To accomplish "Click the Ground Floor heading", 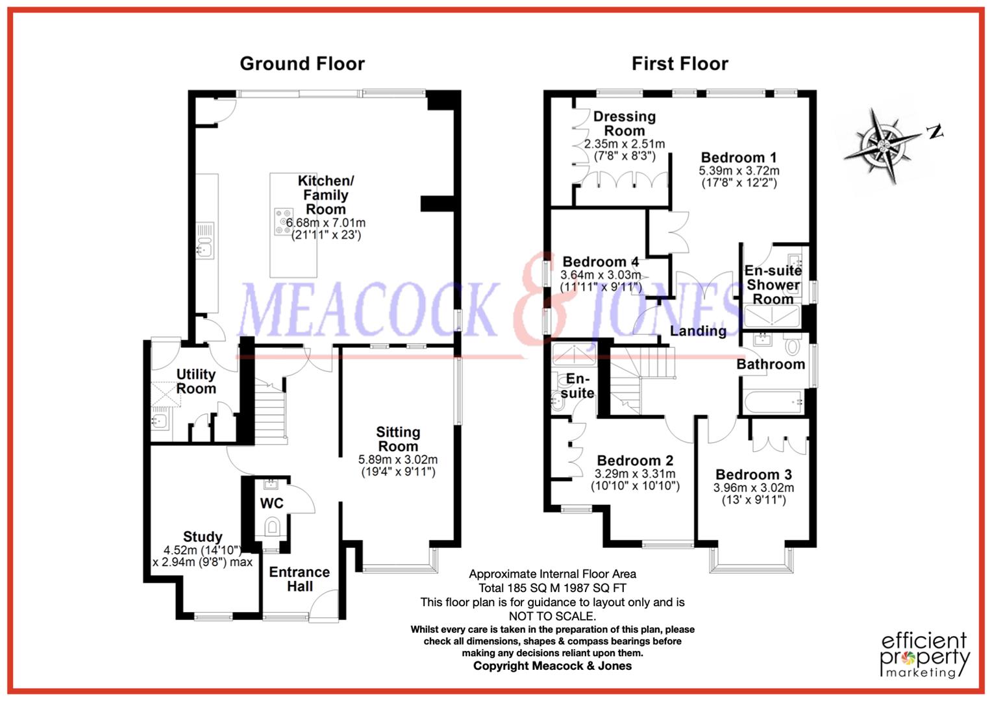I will click(302, 64).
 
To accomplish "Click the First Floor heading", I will click(680, 64).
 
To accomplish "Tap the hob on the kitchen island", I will click(283, 221).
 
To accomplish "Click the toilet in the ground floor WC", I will click(271, 526).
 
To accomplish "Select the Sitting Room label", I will click(398, 439).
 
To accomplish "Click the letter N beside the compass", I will click(935, 132).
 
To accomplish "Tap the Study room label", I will click(203, 537).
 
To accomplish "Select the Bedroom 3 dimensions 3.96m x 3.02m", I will click(754, 488).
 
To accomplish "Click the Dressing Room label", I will click(625, 123).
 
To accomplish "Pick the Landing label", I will click(698, 331).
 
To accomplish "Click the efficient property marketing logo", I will click(924, 654).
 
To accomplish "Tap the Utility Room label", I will click(196, 382).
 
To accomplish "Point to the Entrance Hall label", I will click(299, 579).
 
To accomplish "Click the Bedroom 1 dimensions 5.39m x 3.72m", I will click(739, 171).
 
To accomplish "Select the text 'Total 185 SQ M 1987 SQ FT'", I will click(552, 588).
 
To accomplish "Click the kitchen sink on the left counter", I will click(205, 247).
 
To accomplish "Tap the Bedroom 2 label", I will click(635, 461).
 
